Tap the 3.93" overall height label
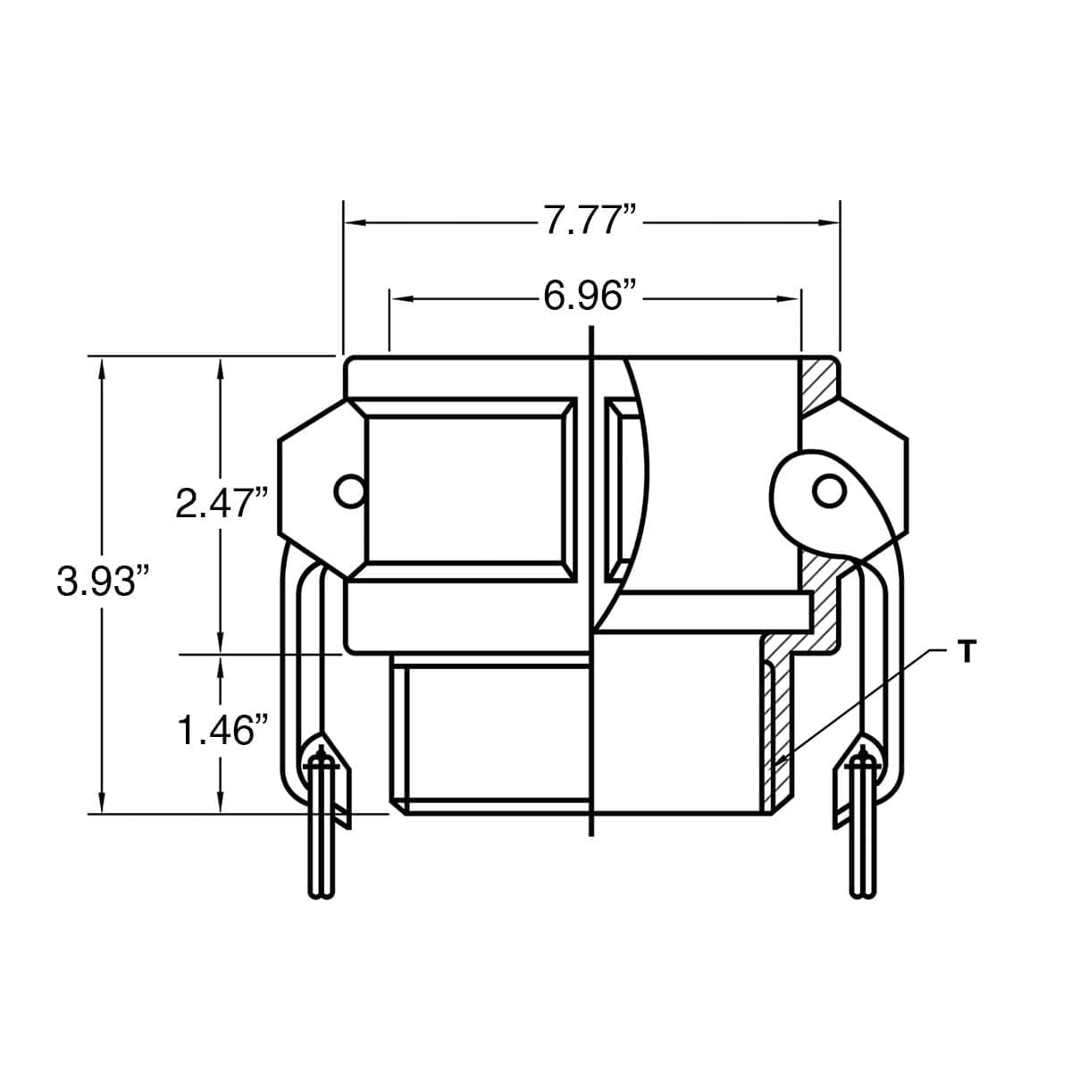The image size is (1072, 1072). (101, 582)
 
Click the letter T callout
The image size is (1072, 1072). (965, 652)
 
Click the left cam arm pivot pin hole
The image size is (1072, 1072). (349, 490)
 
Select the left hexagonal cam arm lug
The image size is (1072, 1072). (313, 490)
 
